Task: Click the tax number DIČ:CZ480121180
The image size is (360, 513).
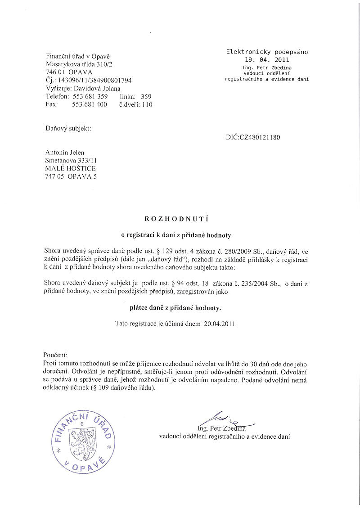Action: [253, 137]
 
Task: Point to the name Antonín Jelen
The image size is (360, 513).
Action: [65, 153]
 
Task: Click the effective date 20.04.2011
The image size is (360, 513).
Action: [220, 323]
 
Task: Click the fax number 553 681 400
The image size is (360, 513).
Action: [90, 104]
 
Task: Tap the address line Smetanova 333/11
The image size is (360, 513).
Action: [71, 160]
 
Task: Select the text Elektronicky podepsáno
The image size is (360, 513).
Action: [267, 52]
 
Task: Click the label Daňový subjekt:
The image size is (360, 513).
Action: [68, 128]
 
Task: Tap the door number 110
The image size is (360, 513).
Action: [147, 104]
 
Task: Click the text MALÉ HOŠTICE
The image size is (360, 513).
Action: [70, 168]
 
